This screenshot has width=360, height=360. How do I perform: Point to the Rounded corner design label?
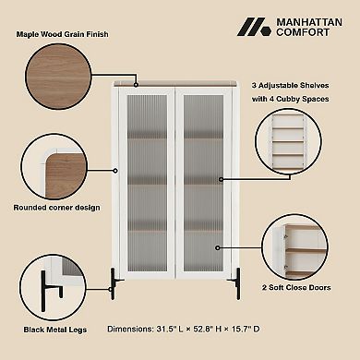pos(56,207)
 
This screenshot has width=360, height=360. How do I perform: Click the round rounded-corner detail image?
pos(54,166)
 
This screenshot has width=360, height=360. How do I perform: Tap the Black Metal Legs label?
pos(54,329)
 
